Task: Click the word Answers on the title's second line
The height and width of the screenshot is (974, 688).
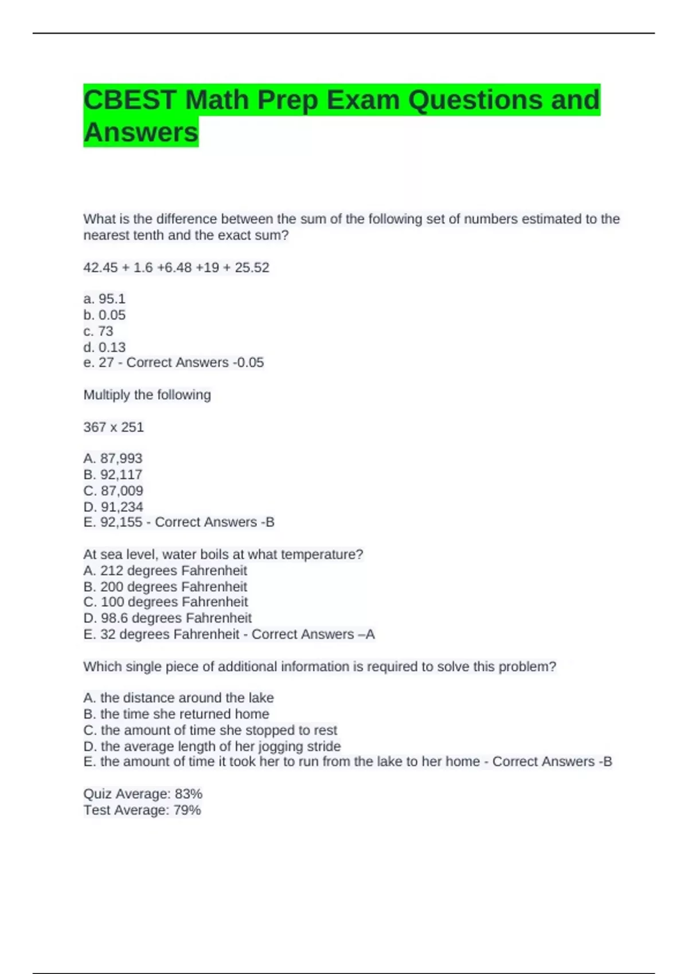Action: pos(141,132)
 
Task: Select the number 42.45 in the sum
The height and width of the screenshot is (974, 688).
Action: pos(100,268)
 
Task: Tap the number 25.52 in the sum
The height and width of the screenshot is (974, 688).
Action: pos(252,268)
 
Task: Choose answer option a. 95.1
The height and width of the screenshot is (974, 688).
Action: pos(104,299)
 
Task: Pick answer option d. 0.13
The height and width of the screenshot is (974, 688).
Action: pos(104,347)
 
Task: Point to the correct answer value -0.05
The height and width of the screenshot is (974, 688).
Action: pos(248,363)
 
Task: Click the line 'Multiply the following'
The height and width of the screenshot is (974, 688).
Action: pos(147,395)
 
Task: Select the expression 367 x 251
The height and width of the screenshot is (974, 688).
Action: pos(114,427)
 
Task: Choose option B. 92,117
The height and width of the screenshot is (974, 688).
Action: pos(113,474)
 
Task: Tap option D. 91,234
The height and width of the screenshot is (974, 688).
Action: pos(113,507)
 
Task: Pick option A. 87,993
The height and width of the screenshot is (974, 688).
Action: pos(113,458)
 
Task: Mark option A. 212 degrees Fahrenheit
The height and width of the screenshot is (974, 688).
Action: pos(165,571)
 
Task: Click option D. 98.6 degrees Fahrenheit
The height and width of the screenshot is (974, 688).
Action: pos(167,618)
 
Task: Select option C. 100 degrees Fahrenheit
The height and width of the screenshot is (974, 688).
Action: pos(166,602)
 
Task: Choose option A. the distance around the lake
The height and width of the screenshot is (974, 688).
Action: pos(178,698)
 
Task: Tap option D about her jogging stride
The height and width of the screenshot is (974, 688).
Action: pos(212,747)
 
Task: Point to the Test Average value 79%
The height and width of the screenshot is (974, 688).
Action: pos(187,810)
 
